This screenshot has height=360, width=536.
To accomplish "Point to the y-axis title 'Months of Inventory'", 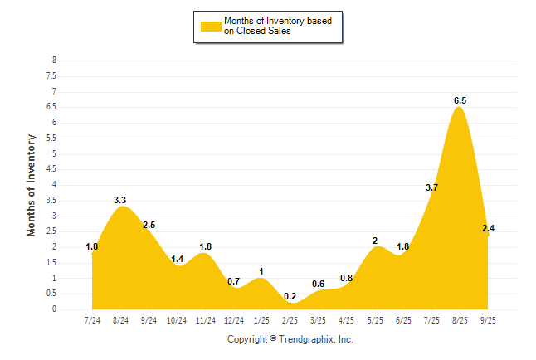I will coord(32,185).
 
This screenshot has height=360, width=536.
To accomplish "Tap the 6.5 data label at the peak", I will coord(460,100).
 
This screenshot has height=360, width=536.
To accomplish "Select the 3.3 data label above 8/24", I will coord(119,200).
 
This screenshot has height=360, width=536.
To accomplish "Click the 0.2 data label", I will coord(290,296).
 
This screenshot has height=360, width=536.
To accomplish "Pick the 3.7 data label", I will coord(431,187).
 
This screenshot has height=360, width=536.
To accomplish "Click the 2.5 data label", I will coord(149,225).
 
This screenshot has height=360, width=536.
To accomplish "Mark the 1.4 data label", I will coord(177,259).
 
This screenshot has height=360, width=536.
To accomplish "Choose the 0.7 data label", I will coord(233,281).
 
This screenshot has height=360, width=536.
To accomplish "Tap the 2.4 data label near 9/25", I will coord(488,228).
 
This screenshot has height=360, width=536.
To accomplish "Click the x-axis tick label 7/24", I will coord(92,319).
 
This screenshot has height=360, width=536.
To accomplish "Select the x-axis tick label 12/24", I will coord(233,319).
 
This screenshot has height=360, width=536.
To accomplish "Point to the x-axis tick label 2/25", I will coord(290,319).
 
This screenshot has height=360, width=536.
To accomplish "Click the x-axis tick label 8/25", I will coord(460,319).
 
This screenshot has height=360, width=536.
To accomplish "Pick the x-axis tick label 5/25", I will coord(375,319).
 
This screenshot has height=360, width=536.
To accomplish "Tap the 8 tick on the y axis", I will coord(54,61).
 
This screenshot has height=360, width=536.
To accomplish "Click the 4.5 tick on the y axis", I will coord(51,169).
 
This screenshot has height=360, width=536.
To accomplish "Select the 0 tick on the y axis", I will coord(54,309).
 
